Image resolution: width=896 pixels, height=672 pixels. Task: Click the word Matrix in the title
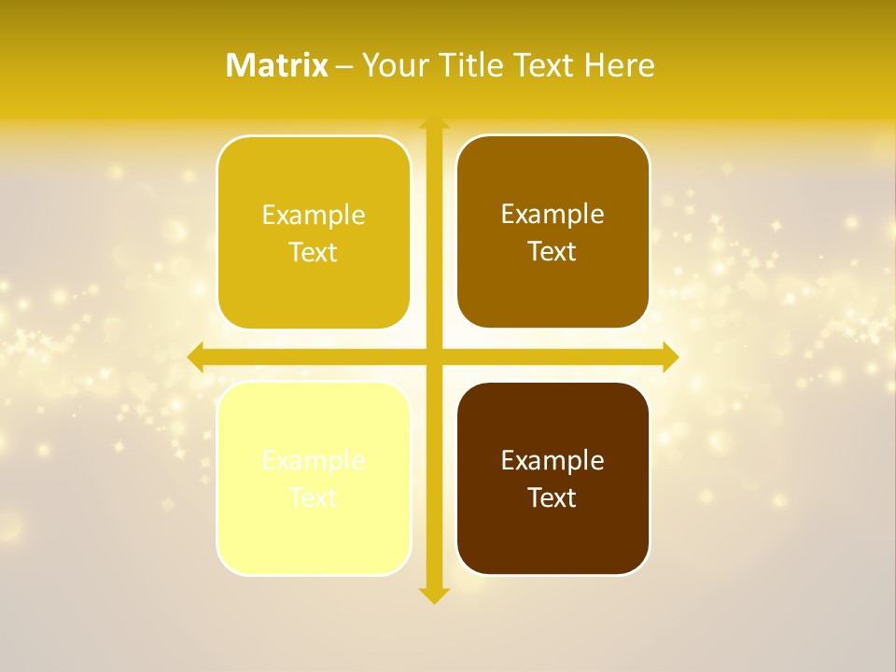[x=277, y=65]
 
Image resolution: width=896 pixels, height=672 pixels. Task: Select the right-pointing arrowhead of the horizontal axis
[x=669, y=357]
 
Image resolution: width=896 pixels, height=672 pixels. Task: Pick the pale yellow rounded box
[x=314, y=532]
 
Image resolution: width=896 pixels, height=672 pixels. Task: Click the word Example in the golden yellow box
[x=314, y=216]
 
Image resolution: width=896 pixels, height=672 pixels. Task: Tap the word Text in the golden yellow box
[x=314, y=253]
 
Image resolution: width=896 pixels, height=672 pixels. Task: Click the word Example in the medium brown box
[x=553, y=215]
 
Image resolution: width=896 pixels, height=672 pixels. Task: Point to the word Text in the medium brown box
[x=553, y=252]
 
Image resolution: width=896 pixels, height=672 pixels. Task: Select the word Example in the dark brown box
[x=553, y=460]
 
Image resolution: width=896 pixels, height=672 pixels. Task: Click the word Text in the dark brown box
[x=553, y=497]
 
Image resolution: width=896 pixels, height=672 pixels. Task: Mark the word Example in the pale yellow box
[x=314, y=460]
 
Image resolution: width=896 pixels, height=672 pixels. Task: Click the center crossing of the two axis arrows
[x=434, y=357]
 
